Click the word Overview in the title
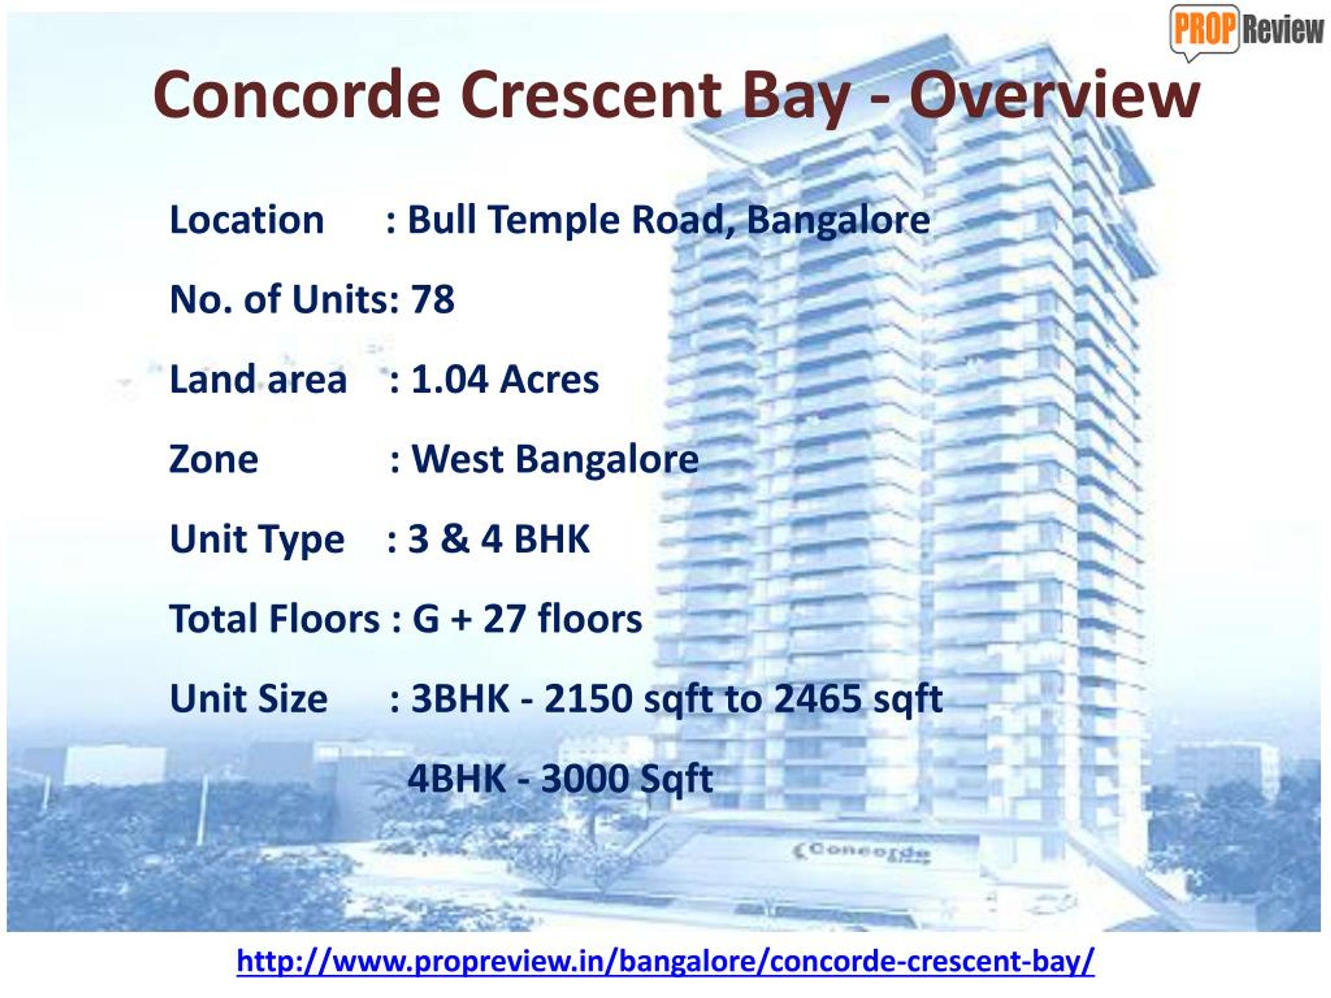pos(1054,95)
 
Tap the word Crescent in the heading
pos(590,95)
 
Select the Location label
pos(247,220)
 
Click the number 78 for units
pos(432,299)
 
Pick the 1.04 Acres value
pos(504,379)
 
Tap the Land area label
pos(258,379)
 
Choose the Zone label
pos(214,459)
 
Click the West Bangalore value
pos(554,459)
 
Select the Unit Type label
pos(257,540)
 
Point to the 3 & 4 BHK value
pos(499,539)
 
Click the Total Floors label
pos(275,619)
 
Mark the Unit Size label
pos(249,699)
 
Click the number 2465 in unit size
pos(817,699)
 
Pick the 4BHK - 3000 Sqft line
pos(559,779)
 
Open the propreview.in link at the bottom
pos(665,961)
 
